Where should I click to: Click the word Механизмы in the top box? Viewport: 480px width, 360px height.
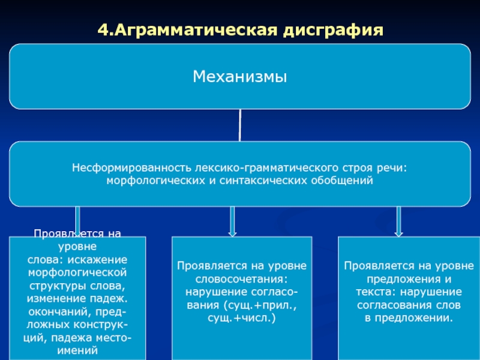240,77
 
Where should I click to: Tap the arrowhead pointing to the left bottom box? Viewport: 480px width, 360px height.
77,231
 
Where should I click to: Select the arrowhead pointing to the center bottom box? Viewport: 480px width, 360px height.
233,232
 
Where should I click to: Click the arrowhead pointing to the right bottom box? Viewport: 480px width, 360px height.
398,232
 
